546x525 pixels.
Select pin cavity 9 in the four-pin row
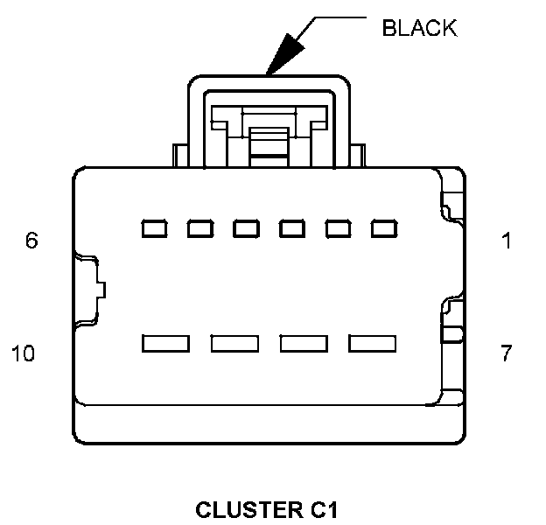tap(234, 343)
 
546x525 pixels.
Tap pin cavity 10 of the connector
tap(165, 343)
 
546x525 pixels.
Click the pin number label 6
tap(31, 241)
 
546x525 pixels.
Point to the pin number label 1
tap(507, 241)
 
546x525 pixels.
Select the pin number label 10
tap(24, 354)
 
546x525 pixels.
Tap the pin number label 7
tap(507, 354)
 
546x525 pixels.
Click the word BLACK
tap(419, 28)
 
